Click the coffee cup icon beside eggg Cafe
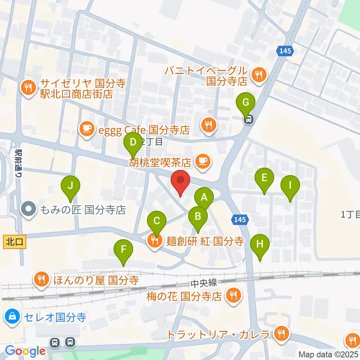[x=87, y=130]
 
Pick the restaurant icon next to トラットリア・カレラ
[x=280, y=334]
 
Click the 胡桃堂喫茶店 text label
[x=161, y=162]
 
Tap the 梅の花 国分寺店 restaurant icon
[x=233, y=296]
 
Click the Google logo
[x=25, y=351]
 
